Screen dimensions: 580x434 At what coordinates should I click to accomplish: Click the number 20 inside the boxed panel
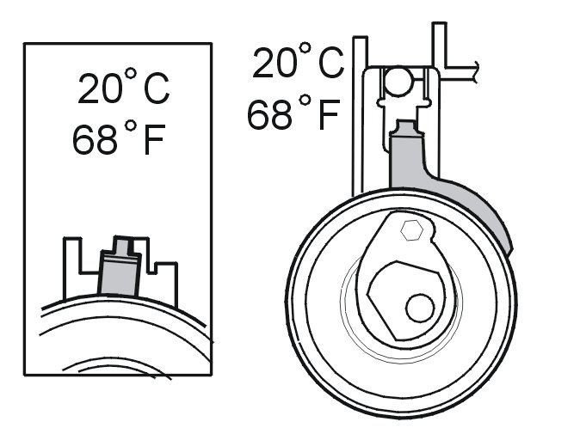point(100,89)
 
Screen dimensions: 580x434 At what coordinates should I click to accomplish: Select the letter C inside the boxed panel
point(156,89)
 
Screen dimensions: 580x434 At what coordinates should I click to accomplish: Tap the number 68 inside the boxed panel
point(95,139)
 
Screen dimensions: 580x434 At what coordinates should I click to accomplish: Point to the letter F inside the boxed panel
point(153,140)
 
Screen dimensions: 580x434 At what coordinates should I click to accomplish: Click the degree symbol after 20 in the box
point(131,74)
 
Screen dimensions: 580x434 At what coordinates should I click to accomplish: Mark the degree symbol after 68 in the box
point(131,125)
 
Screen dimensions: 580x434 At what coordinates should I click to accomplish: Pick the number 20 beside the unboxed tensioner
point(275,63)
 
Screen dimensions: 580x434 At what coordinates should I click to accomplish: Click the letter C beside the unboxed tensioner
point(331,63)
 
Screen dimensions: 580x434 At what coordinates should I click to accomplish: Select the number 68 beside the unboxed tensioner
point(269,114)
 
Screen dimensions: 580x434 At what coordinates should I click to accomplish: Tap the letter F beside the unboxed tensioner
point(329,115)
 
